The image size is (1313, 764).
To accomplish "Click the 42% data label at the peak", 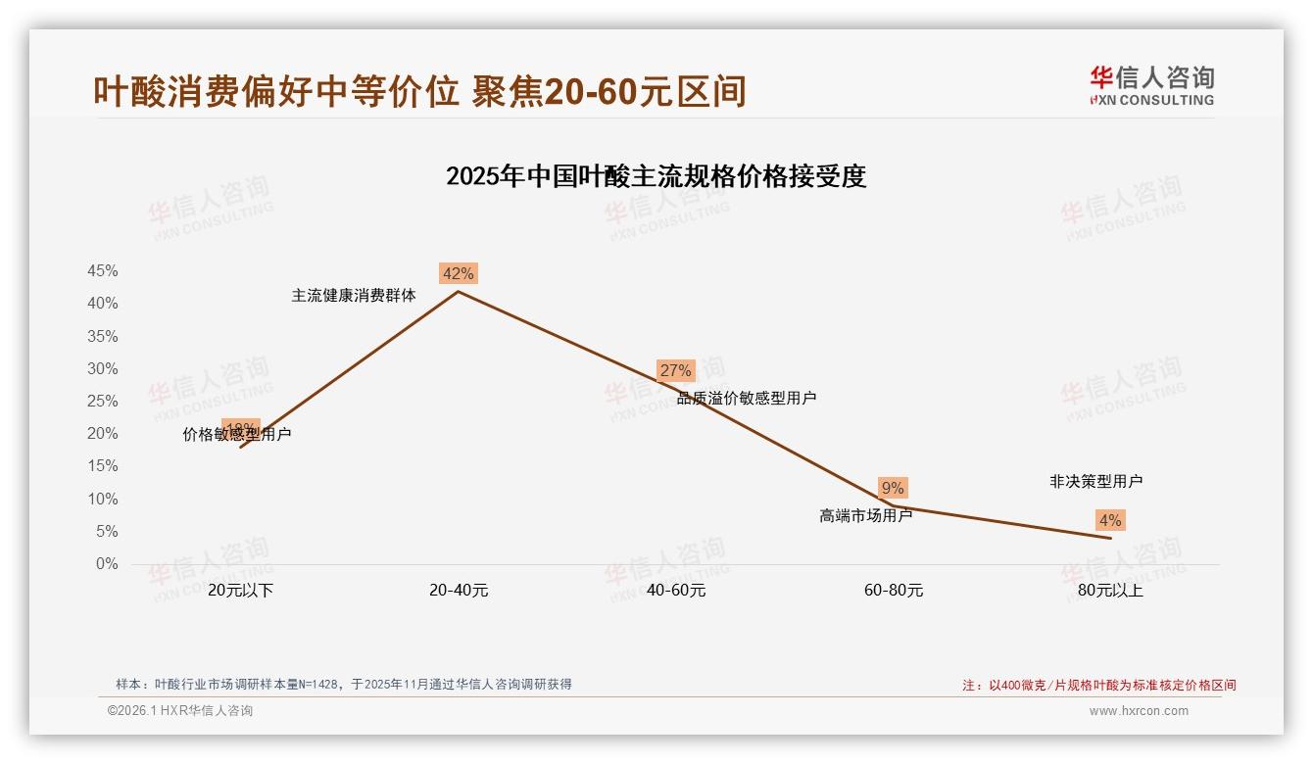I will click(458, 274).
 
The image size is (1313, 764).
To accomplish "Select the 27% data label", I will click(675, 370).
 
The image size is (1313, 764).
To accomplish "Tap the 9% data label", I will click(893, 488).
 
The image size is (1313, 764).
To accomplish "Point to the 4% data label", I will click(1110, 520).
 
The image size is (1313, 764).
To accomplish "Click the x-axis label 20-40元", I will click(459, 591).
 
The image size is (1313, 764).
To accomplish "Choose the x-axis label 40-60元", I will click(676, 591).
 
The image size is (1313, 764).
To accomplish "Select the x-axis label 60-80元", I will click(894, 591).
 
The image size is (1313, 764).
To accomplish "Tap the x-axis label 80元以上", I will click(1110, 591).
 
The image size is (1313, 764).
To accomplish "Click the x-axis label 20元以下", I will click(240, 591).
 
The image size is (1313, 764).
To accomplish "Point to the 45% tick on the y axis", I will click(103, 271).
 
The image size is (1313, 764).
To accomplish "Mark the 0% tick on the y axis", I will click(107, 564).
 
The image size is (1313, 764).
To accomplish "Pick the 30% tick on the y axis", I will click(103, 369).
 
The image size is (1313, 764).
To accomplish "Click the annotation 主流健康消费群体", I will click(354, 295).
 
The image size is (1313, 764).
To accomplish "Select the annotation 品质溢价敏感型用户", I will click(747, 398).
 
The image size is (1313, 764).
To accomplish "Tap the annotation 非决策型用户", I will click(1095, 481).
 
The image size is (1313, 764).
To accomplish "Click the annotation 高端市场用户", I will click(865, 515).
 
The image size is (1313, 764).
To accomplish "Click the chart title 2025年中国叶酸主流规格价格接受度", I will click(656, 176).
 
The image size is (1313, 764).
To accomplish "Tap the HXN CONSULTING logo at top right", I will click(1151, 86).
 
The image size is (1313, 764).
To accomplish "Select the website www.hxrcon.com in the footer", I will click(1139, 711).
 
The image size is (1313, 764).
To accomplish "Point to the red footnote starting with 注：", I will click(1098, 686).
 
